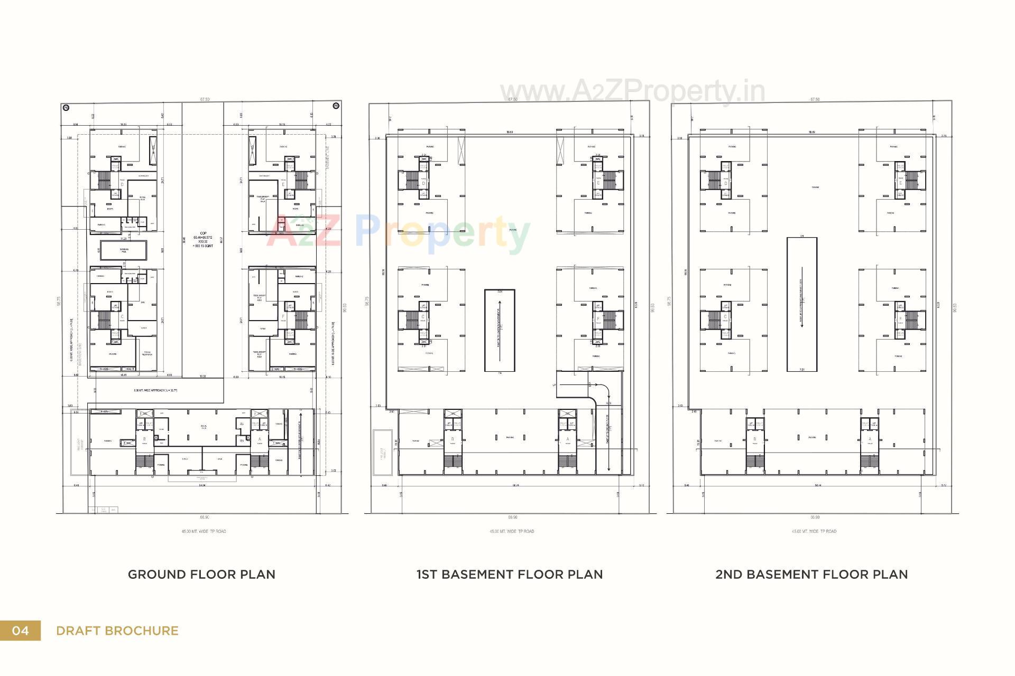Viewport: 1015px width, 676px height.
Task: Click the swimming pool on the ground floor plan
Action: (124, 250)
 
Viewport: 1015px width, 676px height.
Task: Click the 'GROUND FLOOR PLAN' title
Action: (201, 574)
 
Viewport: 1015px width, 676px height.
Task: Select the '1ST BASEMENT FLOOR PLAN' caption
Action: (509, 574)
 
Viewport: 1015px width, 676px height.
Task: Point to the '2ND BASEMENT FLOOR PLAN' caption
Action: (811, 574)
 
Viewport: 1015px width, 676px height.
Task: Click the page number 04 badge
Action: (20, 631)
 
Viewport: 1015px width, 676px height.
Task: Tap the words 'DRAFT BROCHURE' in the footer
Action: (117, 631)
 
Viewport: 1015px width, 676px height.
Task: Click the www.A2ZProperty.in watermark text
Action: (632, 91)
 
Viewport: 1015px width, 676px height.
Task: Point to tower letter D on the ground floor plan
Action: (122, 184)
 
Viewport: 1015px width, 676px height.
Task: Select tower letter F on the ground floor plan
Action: (283, 317)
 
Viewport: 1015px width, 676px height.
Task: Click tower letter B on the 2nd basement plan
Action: (754, 439)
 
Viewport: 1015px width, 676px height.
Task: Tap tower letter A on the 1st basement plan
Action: (568, 439)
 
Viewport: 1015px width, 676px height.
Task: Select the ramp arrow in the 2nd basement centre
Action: (802, 304)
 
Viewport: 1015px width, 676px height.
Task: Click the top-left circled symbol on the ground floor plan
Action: (66, 107)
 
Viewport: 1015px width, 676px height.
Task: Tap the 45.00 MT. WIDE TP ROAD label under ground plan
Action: (204, 531)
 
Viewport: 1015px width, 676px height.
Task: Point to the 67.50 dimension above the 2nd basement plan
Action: (815, 99)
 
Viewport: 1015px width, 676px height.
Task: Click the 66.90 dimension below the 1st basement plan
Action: (512, 518)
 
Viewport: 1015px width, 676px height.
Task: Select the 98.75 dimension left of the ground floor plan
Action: (59, 301)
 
